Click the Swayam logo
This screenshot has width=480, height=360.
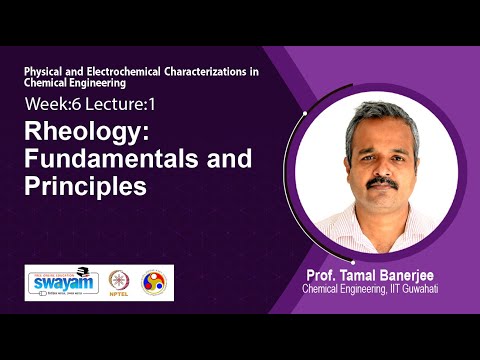[62, 281]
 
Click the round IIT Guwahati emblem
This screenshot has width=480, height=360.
[156, 283]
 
